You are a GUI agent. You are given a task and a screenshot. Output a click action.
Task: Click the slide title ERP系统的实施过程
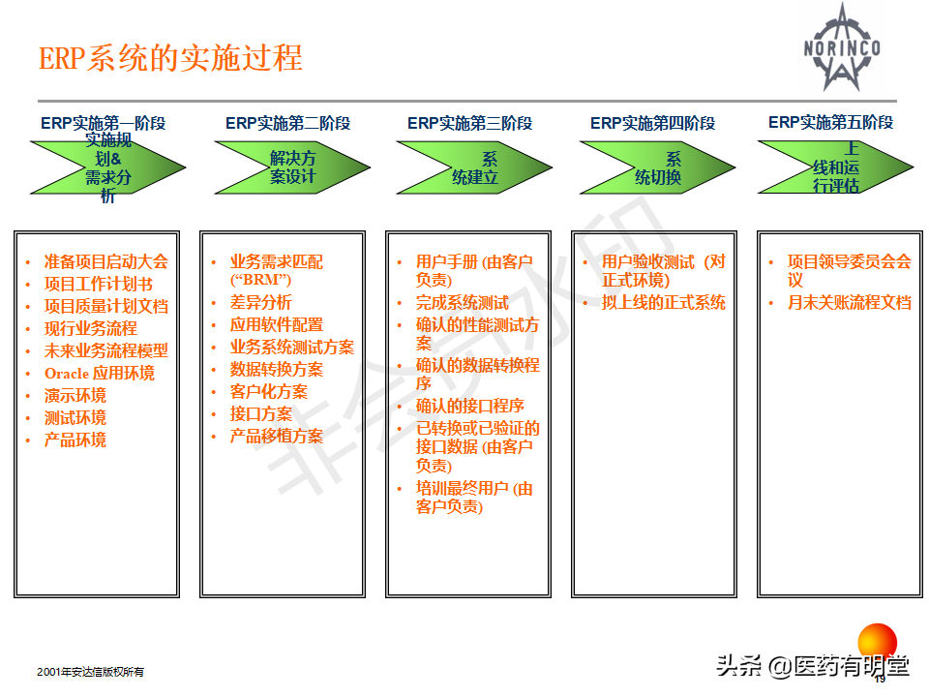tap(170, 58)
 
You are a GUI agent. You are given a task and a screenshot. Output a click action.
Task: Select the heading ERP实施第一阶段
tap(104, 123)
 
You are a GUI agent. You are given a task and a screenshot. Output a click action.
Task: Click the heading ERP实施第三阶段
tap(470, 123)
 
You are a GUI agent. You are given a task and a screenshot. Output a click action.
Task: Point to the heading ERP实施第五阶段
tap(830, 122)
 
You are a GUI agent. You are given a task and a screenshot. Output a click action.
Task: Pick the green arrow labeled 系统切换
tap(658, 167)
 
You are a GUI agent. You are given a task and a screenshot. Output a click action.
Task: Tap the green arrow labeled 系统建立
tap(474, 167)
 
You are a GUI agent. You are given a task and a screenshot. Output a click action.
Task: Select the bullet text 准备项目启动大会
tap(106, 261)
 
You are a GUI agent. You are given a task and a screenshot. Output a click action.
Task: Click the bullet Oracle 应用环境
tap(99, 373)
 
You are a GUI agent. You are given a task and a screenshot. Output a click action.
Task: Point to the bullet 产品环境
tap(75, 439)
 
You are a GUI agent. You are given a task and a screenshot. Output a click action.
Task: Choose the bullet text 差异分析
tap(260, 302)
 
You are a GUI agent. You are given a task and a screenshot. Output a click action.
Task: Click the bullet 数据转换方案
tap(277, 369)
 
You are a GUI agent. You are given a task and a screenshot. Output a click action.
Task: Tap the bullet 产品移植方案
tap(277, 436)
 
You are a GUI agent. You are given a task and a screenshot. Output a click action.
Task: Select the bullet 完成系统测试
tap(463, 302)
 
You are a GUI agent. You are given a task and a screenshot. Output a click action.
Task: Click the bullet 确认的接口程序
tap(470, 406)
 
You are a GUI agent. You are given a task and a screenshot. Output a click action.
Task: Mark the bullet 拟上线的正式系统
tap(664, 302)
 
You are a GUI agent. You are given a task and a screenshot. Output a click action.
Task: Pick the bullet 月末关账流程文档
tap(850, 302)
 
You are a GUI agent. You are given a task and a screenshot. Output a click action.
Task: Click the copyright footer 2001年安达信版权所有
tap(90, 672)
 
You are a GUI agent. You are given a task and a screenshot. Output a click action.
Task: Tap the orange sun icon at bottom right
tap(878, 643)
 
